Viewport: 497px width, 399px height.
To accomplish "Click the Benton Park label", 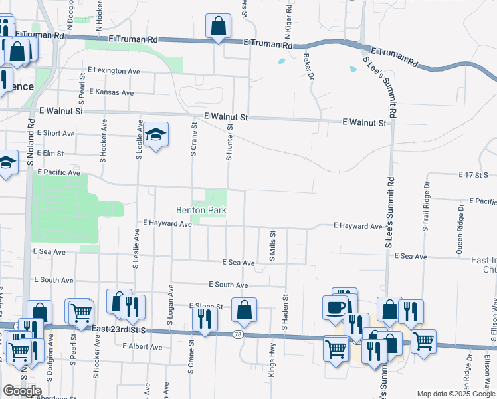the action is click(201, 211).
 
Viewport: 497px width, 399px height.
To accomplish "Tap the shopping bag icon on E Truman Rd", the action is click(218, 27).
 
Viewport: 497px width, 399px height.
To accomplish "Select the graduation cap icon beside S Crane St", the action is click(156, 135).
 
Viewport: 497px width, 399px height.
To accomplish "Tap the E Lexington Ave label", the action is click(114, 70).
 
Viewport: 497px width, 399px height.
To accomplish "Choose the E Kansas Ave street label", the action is click(114, 92).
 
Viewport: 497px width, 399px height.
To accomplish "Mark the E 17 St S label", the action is click(473, 174).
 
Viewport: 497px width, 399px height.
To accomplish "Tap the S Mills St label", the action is click(272, 245).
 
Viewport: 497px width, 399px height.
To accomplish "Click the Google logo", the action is click(22, 391).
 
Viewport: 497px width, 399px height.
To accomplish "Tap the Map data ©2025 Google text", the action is click(455, 394).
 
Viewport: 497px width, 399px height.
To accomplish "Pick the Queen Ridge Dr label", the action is click(460, 227).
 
